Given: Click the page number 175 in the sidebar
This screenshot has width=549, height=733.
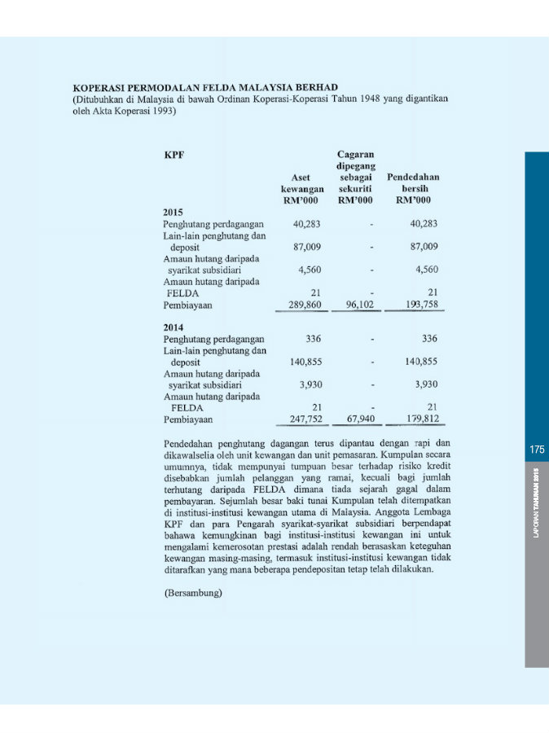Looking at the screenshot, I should (x=536, y=450).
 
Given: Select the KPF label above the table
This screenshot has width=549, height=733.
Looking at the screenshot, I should (x=173, y=154).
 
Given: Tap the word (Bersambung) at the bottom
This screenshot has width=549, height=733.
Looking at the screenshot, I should (x=194, y=593).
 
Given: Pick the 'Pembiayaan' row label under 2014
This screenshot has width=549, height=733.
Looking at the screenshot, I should (x=188, y=419).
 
